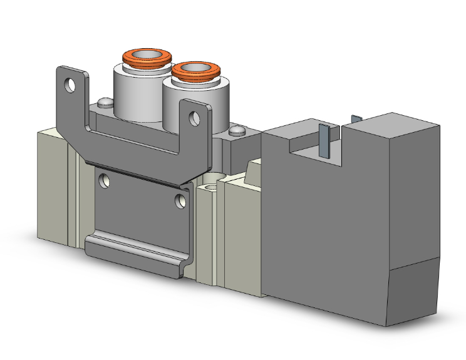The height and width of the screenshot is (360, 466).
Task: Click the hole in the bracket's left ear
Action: [74, 82]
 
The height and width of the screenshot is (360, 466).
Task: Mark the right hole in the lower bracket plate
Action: [181, 200]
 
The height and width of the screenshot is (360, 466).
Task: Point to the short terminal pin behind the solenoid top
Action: [356, 118]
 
